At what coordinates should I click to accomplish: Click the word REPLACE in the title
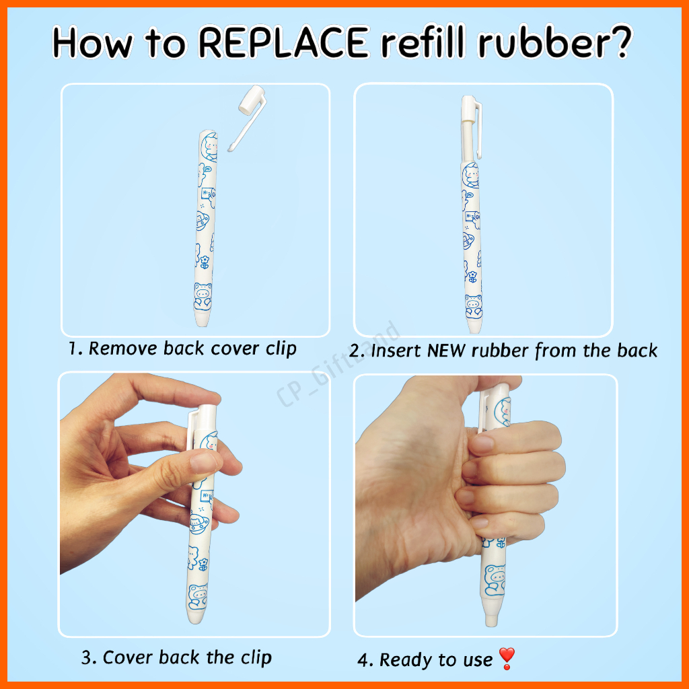[284, 42]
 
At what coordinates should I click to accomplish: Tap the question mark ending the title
[619, 42]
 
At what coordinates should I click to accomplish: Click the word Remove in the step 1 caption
[122, 349]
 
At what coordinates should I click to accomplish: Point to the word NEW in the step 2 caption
[446, 351]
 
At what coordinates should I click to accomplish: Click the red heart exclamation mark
[507, 658]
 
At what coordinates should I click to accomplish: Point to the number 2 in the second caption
[355, 351]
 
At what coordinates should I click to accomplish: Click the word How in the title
[92, 42]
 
